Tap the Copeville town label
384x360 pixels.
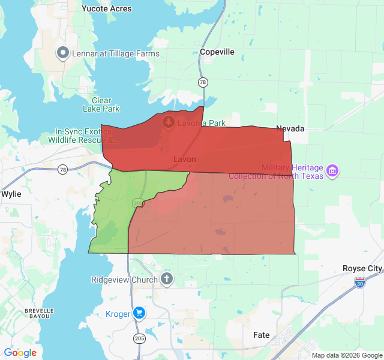pos(217,52)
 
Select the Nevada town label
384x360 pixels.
pos(290,128)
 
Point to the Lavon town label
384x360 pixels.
pos(184,159)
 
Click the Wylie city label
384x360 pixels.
pos(11,194)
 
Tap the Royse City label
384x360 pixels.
pos(362,268)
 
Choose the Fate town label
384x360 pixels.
pos(262,335)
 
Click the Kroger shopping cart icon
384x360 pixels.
pos(139,313)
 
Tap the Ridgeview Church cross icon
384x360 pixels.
pos(166,279)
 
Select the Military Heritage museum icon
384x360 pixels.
pos(332,172)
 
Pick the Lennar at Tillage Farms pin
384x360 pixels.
pos(63,53)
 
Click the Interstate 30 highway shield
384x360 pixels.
pos(360,282)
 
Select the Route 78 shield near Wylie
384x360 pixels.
pos(63,170)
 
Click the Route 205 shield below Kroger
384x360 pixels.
pos(139,339)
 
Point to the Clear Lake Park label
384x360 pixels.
pos(101,104)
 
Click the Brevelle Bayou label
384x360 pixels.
pos(40,314)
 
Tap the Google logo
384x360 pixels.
pos(20,353)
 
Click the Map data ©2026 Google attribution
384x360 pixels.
pos(346,355)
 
